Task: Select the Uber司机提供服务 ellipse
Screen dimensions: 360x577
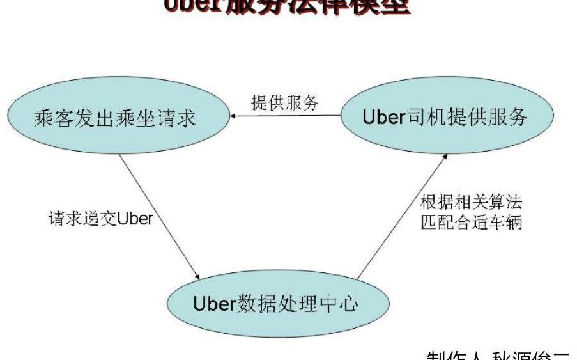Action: (x=445, y=117)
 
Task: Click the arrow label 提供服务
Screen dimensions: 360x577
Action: (x=284, y=103)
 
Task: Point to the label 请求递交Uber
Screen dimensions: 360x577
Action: (x=101, y=218)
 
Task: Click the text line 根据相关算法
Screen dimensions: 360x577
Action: (x=472, y=203)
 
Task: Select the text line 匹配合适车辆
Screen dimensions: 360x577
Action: (x=472, y=223)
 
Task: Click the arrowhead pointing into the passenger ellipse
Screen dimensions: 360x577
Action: (x=235, y=116)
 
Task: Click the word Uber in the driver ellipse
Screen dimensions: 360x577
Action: (x=384, y=118)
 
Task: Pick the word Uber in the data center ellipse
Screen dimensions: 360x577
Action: (x=215, y=303)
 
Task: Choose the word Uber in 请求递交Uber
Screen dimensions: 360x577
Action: (x=135, y=219)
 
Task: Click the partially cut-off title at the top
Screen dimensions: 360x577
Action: (x=287, y=6)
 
